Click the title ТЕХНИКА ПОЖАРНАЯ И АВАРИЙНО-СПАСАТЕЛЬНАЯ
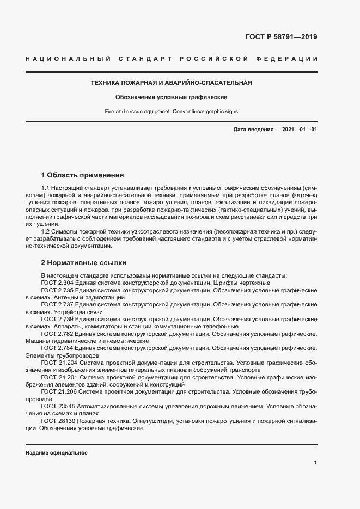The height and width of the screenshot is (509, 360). tap(170, 83)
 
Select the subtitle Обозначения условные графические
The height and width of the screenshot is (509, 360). tap(170, 97)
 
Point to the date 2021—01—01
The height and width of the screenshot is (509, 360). tap(299, 130)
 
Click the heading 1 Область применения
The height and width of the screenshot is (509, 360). tap(83, 175)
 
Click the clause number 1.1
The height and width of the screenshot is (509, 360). tap(46, 187)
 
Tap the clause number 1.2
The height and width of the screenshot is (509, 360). tap(46, 231)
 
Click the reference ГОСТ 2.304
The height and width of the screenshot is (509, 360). tap(57, 283)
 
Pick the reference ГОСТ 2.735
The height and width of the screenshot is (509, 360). tap(57, 291)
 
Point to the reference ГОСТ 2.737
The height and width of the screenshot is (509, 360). tap(57, 305)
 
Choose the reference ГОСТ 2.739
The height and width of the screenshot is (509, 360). tap(57, 319)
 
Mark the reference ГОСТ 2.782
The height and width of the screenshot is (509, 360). tap(57, 333)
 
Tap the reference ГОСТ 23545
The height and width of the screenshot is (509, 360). tap(58, 406)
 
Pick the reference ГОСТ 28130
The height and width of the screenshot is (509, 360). tap(58, 420)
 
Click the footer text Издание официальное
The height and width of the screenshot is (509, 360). tap(57, 453)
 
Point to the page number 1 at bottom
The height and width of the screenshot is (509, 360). tap(315, 463)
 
